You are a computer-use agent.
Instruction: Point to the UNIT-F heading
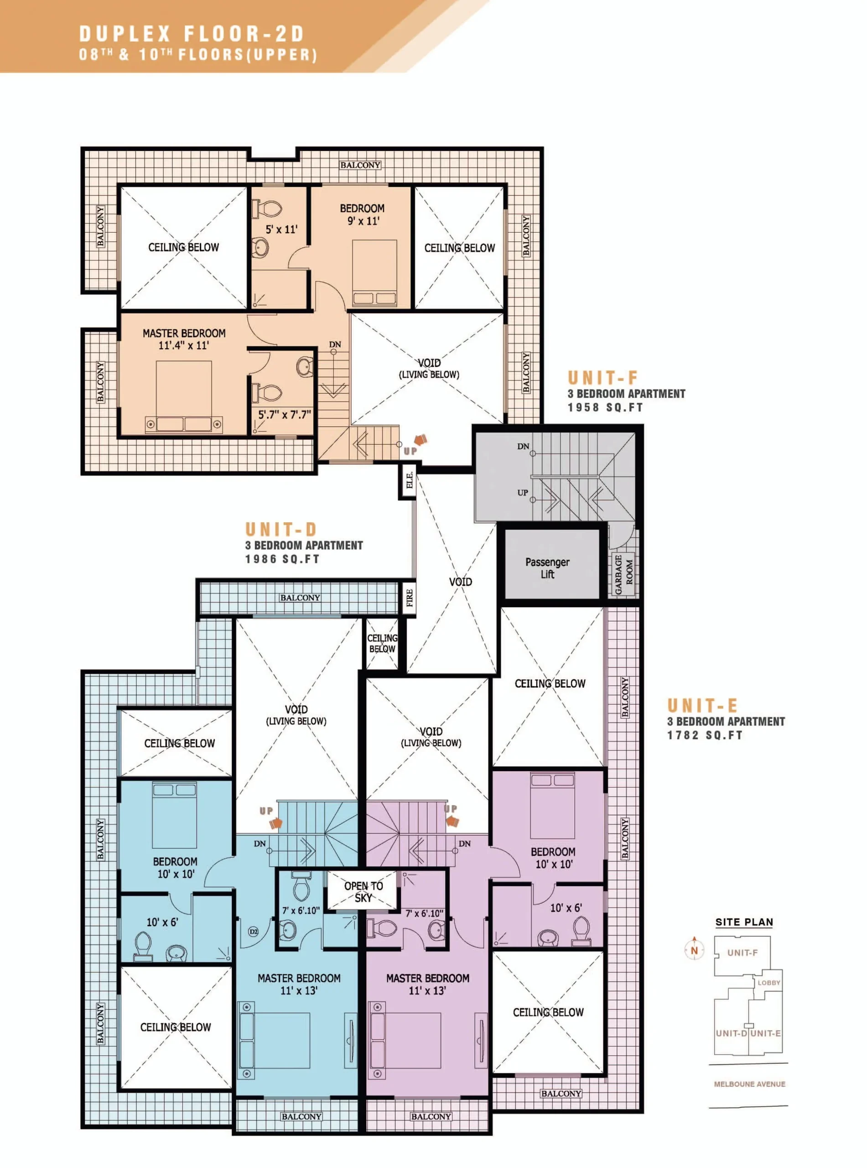coord(602,377)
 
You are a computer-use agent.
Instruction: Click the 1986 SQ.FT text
coord(282,559)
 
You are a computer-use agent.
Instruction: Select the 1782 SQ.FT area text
coord(705,735)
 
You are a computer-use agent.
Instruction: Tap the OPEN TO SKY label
coord(363,892)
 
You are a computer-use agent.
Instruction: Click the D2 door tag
coord(254,931)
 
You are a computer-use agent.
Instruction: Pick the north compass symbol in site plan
coord(694,949)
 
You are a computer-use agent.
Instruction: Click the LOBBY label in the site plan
coord(769,982)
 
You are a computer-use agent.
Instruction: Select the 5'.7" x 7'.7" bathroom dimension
coord(284,415)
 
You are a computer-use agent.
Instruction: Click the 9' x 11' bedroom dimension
coord(363,221)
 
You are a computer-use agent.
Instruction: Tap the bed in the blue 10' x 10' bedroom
coord(175,814)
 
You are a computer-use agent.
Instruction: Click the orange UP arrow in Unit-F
coord(421,440)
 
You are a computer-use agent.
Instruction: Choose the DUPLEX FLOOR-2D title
coord(192,34)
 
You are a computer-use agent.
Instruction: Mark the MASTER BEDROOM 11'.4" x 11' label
coord(184,339)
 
